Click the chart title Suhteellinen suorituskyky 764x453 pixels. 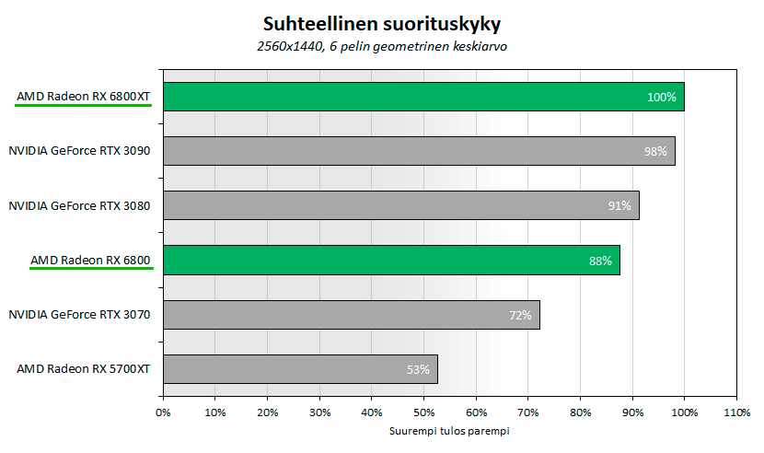[x=383, y=21]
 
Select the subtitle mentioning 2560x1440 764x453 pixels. [x=383, y=46]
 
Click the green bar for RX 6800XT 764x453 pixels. [x=423, y=97]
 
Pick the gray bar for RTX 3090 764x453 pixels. [x=419, y=151]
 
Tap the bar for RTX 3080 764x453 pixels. [x=400, y=205]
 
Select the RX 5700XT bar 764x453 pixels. [x=300, y=369]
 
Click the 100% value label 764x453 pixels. [x=661, y=97]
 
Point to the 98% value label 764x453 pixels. [x=655, y=151]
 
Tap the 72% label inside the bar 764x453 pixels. [x=520, y=315]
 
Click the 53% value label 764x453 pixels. [x=418, y=369]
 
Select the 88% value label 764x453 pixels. [x=600, y=261]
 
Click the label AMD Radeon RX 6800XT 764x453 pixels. [x=83, y=96]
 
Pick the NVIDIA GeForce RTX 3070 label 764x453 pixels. [x=79, y=315]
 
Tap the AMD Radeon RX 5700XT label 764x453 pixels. [x=83, y=369]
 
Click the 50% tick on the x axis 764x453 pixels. [x=423, y=412]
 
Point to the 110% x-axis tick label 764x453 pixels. [x=736, y=412]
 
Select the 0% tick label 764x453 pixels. [x=163, y=412]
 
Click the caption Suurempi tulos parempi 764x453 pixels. [x=449, y=430]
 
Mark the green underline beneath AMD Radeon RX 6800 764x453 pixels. [x=90, y=270]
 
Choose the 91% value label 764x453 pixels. [x=619, y=205]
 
